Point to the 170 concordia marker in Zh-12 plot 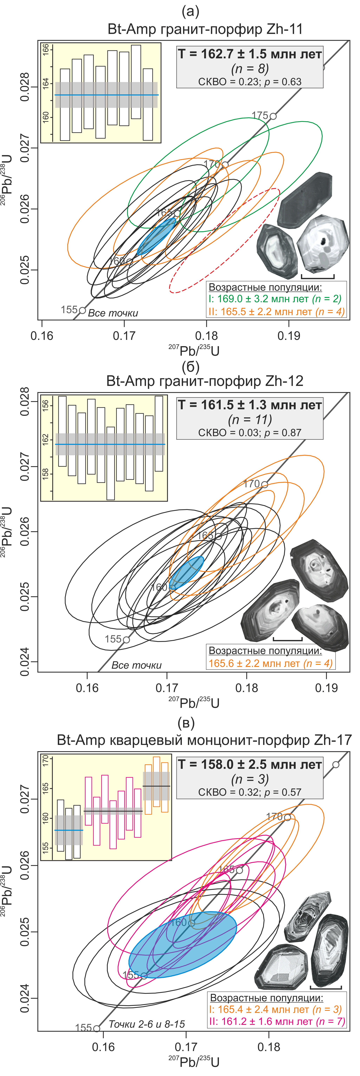click(264, 484)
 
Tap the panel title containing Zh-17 click(204, 740)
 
